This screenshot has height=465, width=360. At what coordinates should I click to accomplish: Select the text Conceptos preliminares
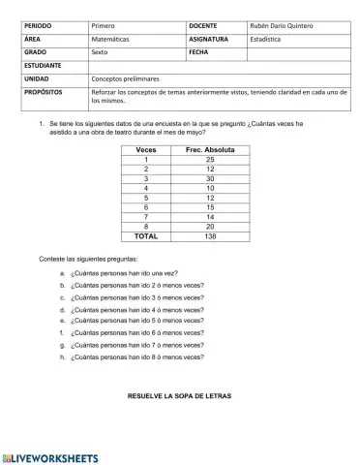[127, 82]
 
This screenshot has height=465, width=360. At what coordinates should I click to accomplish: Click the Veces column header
[146, 151]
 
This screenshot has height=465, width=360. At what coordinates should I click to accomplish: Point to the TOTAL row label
[146, 234]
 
